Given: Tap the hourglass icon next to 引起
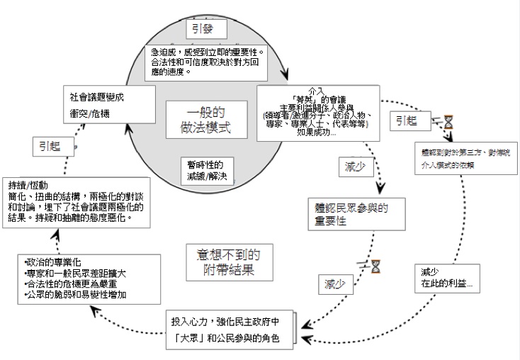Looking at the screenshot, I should pos(448,122).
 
